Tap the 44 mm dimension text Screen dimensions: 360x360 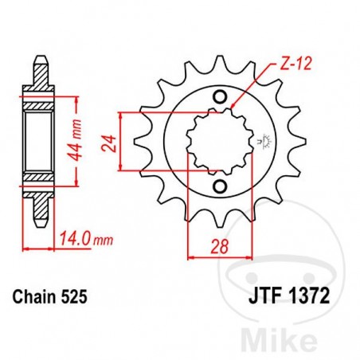click(x=78, y=141)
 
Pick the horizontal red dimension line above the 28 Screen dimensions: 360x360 click(x=217, y=256)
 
